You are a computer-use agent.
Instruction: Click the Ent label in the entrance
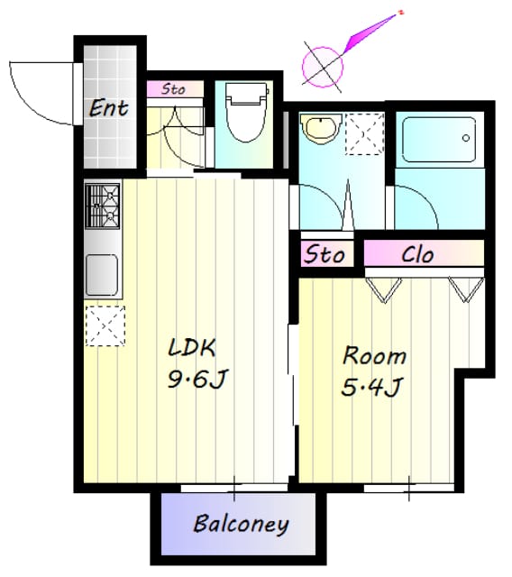tap(109, 108)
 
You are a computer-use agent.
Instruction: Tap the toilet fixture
tap(246, 112)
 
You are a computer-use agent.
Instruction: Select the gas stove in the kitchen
tap(103, 206)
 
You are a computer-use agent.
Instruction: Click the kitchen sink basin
tap(102, 275)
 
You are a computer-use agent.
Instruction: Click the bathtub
tap(439, 140)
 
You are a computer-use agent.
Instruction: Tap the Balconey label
tap(241, 525)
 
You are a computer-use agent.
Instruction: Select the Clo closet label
tap(417, 254)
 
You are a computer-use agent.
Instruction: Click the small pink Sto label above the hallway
tap(174, 89)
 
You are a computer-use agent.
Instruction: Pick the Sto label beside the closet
tap(324, 254)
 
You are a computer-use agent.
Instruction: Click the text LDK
tap(191, 348)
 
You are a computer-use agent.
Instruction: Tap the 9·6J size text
tap(198, 379)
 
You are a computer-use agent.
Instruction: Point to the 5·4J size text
tap(371, 387)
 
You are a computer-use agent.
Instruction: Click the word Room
tap(374, 356)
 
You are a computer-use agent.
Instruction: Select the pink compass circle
tap(323, 67)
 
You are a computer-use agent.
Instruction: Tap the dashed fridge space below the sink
tap(105, 326)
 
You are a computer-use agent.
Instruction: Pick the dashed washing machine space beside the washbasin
tap(364, 134)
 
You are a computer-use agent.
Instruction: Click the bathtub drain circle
tap(466, 138)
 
